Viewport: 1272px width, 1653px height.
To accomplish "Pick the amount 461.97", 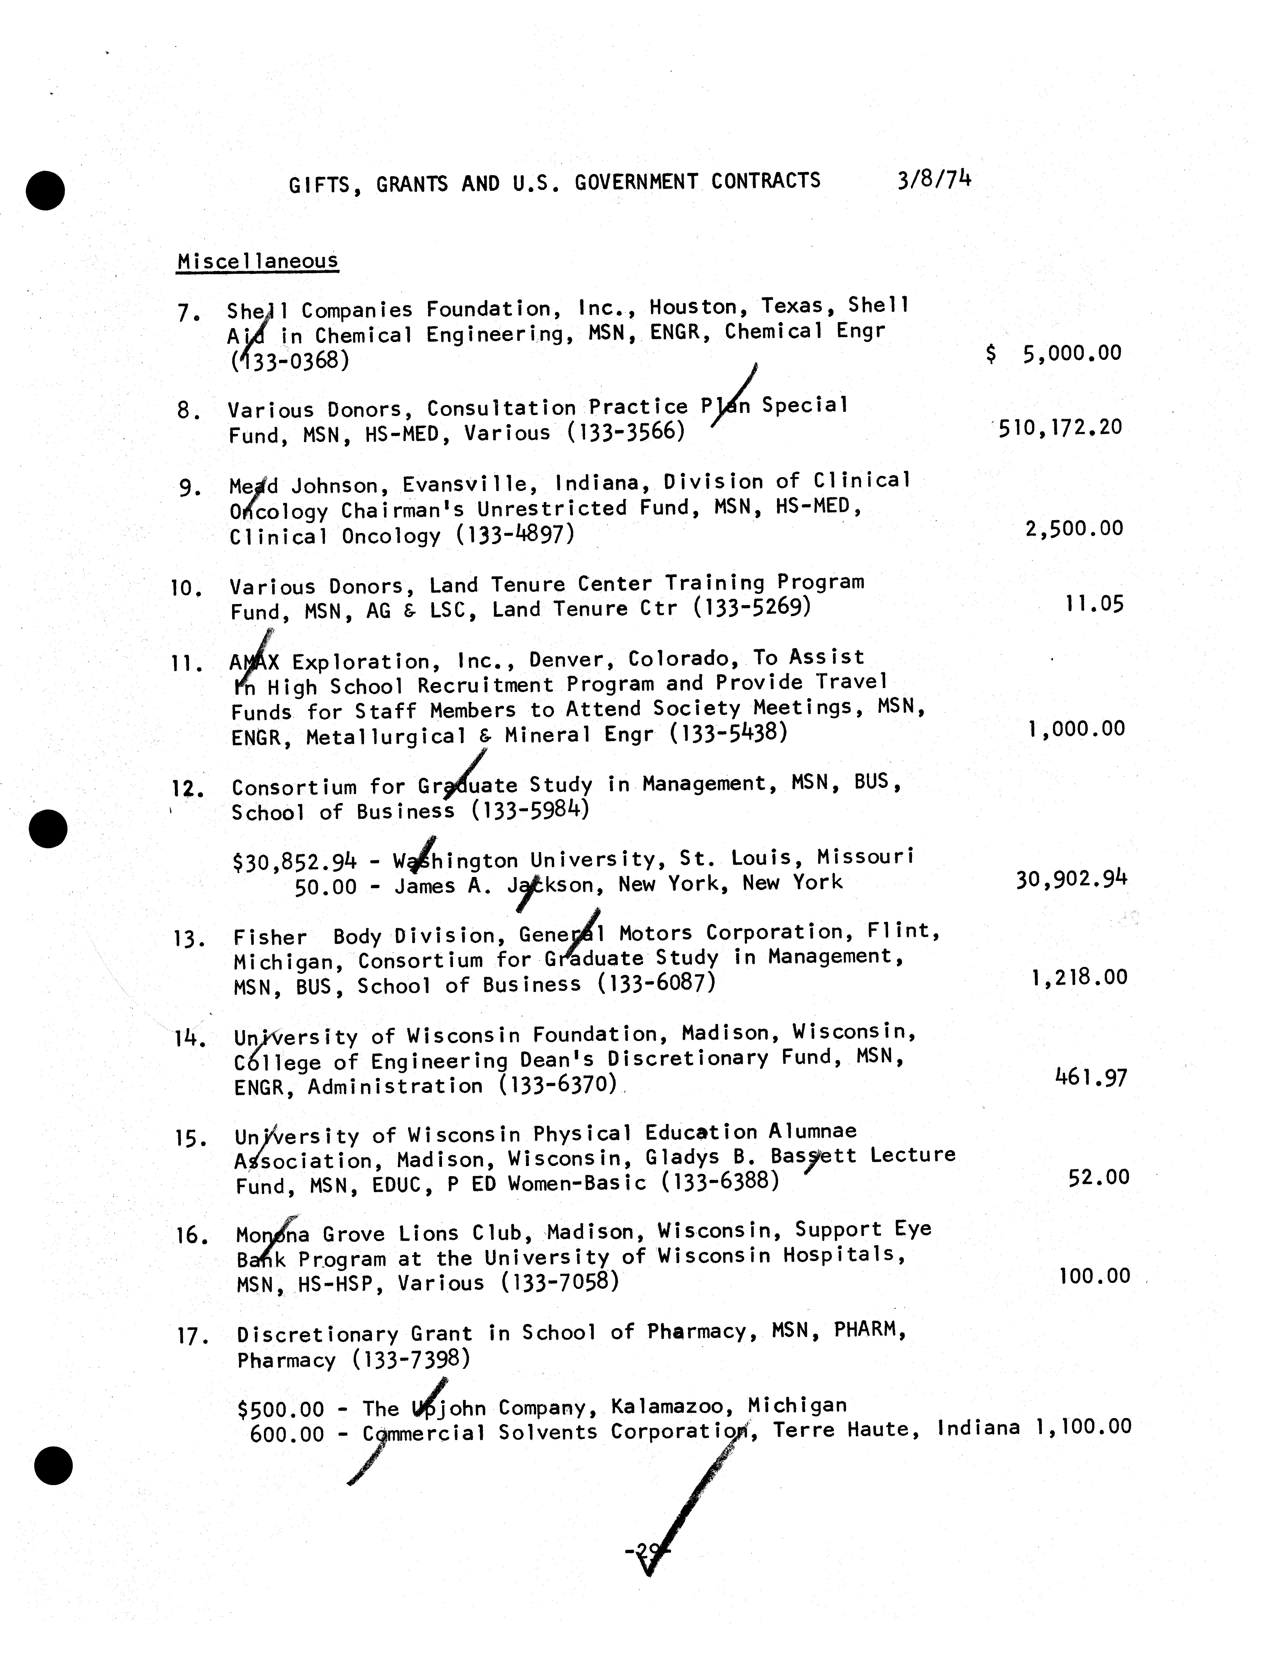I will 1090,1076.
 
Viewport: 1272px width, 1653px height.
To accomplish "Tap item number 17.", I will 191,1337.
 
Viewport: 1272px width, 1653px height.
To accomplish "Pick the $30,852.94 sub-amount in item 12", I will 295,861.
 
